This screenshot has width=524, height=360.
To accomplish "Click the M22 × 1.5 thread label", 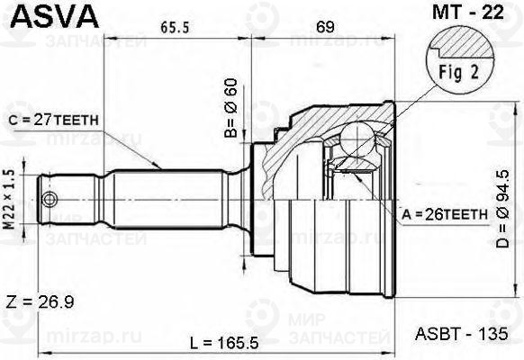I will (x=12, y=197).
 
